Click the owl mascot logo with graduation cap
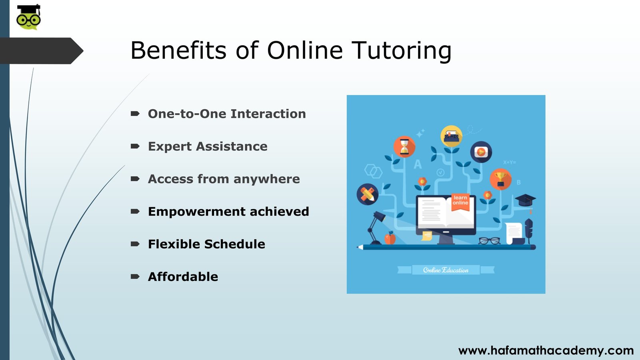point(28,17)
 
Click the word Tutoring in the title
point(402,51)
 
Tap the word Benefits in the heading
point(178,50)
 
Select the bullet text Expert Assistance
point(208,146)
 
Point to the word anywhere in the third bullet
point(266,179)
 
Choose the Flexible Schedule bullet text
point(206,244)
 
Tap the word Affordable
point(183,276)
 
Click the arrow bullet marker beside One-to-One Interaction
point(135,114)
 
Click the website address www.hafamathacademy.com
point(546,350)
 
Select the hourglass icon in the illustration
point(404,147)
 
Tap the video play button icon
point(481,152)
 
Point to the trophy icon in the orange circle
point(500,180)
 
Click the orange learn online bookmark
point(460,202)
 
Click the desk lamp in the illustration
point(375,228)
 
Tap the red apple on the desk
point(390,238)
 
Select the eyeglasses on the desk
point(490,241)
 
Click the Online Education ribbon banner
point(446,270)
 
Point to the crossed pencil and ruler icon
point(368,194)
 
